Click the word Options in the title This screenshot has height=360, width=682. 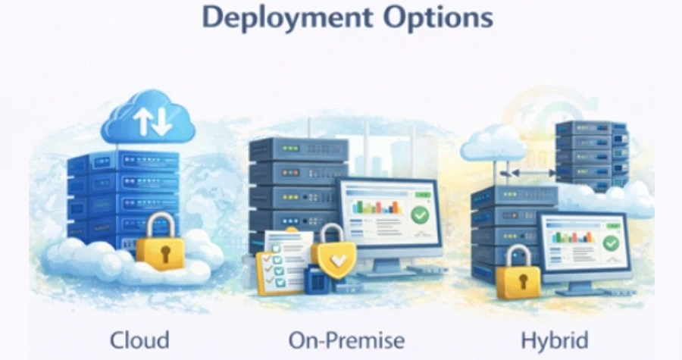tap(439, 17)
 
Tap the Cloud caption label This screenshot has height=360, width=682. tap(139, 340)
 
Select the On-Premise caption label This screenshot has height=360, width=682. tap(346, 340)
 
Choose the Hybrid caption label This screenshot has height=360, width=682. tap(555, 341)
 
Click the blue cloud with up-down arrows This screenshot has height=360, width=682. tap(149, 117)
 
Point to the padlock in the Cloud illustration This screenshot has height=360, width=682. tap(161, 240)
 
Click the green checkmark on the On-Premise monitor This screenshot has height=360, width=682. tap(420, 214)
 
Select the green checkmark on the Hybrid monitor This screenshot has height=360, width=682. tap(611, 243)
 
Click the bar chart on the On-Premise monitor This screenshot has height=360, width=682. tap(377, 206)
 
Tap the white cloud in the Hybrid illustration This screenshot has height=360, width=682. tap(493, 142)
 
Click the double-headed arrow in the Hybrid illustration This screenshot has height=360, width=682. tap(528, 174)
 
